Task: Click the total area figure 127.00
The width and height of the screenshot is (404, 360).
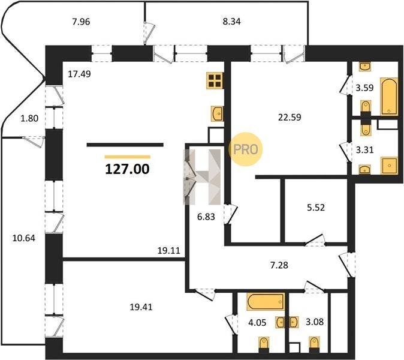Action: tap(127, 169)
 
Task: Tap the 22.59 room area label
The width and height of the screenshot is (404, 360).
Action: tap(290, 118)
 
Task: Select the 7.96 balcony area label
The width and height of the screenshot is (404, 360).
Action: tap(81, 22)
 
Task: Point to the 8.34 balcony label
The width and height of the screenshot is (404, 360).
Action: tap(231, 22)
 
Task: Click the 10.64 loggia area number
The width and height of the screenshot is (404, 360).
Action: tap(24, 238)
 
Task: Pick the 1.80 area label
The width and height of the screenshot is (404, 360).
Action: tap(29, 118)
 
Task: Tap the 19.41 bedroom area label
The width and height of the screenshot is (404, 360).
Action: tap(141, 307)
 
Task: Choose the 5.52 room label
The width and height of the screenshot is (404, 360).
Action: tap(316, 208)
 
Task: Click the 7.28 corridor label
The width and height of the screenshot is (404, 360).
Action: tap(279, 265)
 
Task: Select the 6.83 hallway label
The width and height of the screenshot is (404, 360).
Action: tap(206, 217)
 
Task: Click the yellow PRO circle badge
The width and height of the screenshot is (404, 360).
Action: tap(245, 149)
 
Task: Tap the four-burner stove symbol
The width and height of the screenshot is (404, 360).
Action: tap(215, 81)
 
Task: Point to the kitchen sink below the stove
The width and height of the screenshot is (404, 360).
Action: tap(217, 113)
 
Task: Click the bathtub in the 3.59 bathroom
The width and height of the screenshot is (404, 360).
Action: tap(389, 97)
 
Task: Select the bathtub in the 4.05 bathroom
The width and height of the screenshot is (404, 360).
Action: tap(266, 301)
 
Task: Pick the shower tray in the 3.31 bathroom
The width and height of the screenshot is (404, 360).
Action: tap(389, 166)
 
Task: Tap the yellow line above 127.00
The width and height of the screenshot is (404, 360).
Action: tap(128, 157)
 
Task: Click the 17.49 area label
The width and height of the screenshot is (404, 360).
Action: tap(79, 74)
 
